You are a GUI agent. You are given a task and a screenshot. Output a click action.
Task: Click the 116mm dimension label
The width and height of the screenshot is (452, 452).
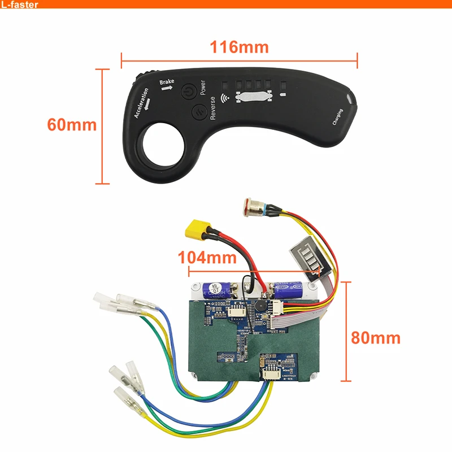coord(240,46)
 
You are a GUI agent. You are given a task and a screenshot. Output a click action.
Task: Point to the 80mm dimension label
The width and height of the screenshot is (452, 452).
coord(376,338)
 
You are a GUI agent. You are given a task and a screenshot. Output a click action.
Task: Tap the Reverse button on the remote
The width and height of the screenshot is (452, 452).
coord(198,111)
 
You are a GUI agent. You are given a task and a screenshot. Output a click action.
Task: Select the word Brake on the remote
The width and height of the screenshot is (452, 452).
coord(167,83)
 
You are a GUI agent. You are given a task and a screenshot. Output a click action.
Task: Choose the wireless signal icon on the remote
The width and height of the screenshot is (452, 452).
coord(228,97)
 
